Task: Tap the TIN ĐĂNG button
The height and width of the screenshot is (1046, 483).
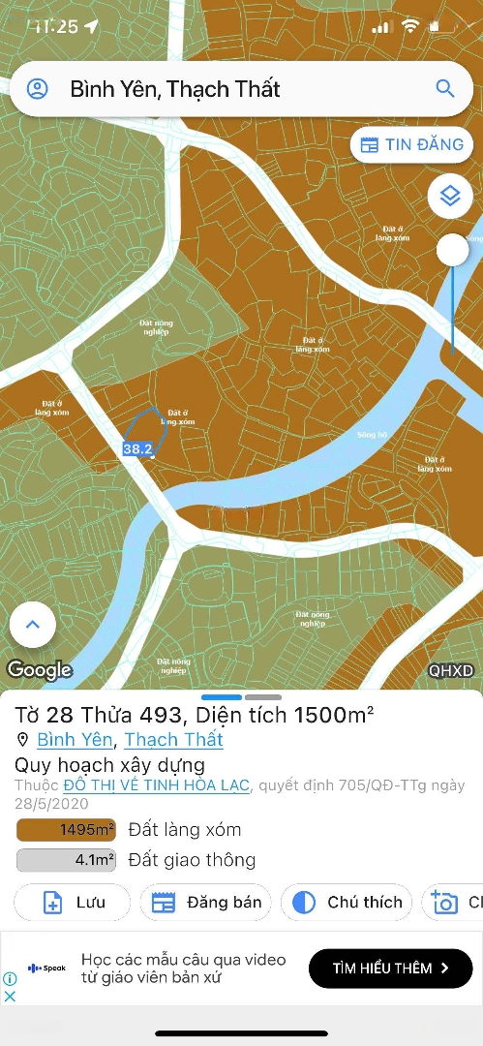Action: click(x=411, y=145)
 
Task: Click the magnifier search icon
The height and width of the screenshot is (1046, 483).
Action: click(x=445, y=89)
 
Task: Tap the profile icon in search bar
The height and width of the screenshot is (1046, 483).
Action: click(x=37, y=89)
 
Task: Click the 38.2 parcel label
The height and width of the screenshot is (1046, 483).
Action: click(x=137, y=449)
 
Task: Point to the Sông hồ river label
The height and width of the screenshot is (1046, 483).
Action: click(x=372, y=435)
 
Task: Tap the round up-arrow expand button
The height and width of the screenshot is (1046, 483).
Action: click(x=33, y=625)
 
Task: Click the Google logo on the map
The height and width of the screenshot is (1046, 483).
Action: click(x=40, y=669)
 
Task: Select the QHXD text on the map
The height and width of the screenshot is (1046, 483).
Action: click(x=451, y=670)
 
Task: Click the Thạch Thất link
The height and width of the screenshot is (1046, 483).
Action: click(x=173, y=739)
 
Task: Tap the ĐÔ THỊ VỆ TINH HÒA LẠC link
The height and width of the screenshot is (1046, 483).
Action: click(x=157, y=785)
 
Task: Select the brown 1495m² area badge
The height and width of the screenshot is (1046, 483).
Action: click(x=66, y=830)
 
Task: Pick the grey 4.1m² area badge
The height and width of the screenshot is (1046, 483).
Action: click(x=66, y=859)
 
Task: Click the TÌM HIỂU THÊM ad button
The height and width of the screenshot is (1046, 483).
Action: click(x=390, y=968)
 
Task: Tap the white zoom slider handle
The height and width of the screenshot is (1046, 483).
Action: click(x=452, y=251)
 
